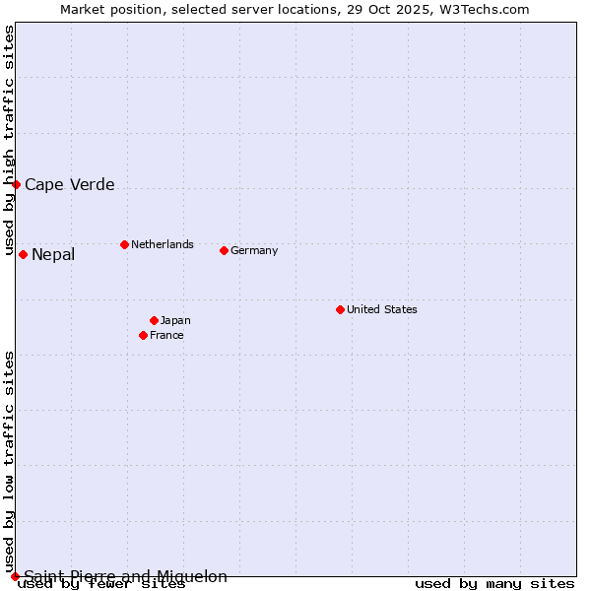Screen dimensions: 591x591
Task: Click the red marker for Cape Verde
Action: (16, 184)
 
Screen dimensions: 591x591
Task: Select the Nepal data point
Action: (23, 255)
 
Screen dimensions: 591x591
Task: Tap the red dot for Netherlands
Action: (124, 244)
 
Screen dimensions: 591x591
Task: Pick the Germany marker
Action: (224, 250)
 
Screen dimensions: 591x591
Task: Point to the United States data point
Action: (340, 309)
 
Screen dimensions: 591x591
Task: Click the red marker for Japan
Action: (154, 320)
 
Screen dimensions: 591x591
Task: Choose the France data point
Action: (144, 335)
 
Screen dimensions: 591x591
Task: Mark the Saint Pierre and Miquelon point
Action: (15, 576)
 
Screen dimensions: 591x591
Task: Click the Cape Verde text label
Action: (69, 184)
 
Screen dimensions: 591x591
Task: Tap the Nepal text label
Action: (53, 255)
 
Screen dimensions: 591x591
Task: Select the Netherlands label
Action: (163, 244)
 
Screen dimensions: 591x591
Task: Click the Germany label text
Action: (254, 250)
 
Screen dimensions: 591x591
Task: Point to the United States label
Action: (382, 309)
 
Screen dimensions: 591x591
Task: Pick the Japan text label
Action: (175, 320)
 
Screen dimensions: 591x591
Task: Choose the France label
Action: (166, 335)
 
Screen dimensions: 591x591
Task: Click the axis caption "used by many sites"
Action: (494, 584)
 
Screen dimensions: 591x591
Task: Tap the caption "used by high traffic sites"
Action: (9, 141)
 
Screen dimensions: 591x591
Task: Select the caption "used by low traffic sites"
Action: (9, 461)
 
